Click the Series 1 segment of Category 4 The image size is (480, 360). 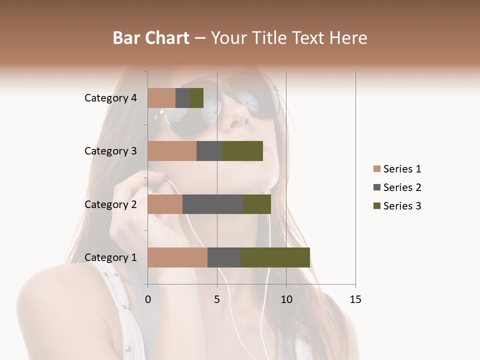click(161, 98)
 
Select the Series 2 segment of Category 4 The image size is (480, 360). click(182, 98)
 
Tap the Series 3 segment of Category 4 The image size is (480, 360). click(196, 98)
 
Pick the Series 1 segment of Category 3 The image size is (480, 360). click(172, 151)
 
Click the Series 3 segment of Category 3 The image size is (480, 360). click(242, 151)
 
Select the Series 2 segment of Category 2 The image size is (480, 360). click(213, 204)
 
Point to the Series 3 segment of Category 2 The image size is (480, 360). click(257, 204)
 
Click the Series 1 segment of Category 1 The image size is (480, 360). click(177, 257)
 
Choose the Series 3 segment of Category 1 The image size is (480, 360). click(275, 257)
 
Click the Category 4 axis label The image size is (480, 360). click(110, 98)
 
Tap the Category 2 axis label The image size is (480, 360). click(110, 204)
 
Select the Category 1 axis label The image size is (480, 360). click(110, 257)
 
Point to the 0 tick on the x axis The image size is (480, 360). click(148, 299)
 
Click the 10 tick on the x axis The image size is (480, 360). click(286, 299)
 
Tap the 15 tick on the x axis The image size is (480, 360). click(355, 299)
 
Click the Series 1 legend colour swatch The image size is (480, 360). click(376, 169)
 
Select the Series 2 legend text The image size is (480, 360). click(402, 187)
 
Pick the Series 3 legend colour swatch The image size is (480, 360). click(376, 206)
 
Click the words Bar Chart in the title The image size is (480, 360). click(151, 38)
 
